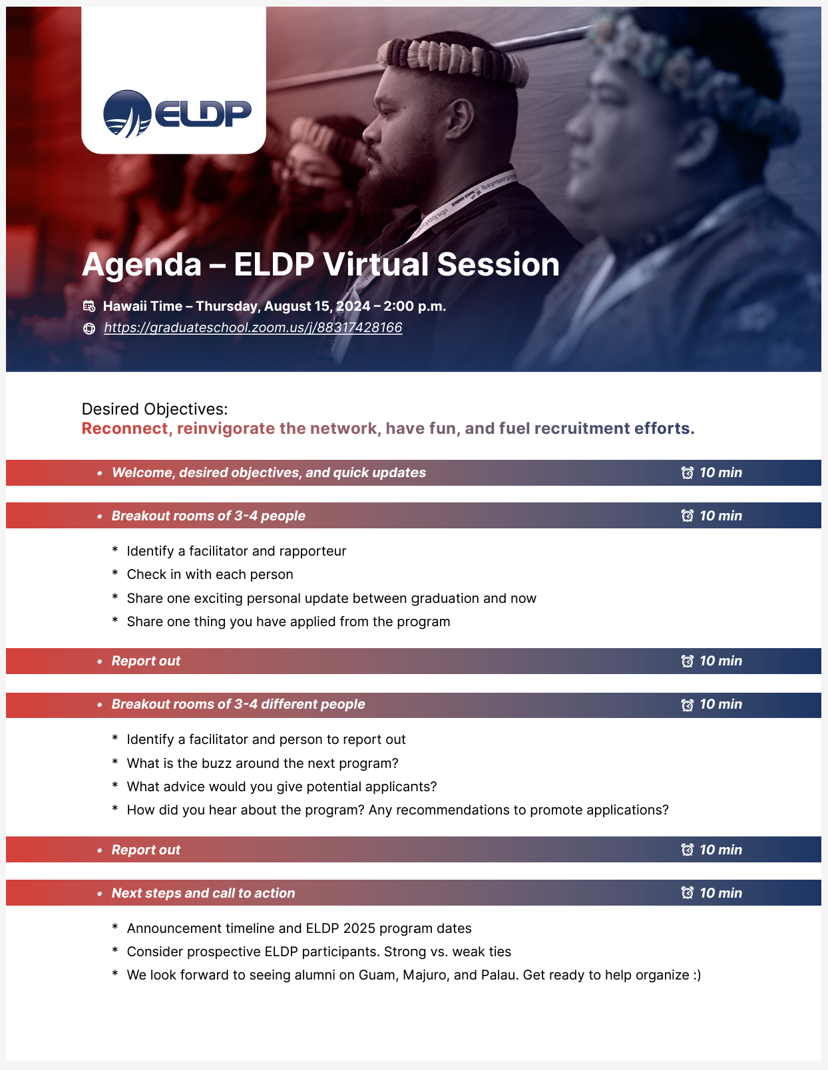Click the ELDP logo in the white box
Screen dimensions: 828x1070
pos(177,113)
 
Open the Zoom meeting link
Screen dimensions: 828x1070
pos(253,327)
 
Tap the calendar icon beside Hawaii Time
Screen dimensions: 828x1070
pos(89,306)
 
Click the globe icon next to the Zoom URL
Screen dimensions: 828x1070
pos(89,329)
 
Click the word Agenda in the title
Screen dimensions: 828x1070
pos(142,265)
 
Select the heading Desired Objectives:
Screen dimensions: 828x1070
pos(154,409)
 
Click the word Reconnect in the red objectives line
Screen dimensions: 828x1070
pos(124,429)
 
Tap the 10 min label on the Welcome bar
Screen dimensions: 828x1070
pos(721,472)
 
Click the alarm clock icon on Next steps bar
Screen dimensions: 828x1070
pos(687,893)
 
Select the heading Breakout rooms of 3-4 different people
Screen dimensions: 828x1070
pos(238,704)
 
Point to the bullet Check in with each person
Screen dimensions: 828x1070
pos(210,575)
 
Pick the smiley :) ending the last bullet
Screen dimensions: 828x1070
pos(697,976)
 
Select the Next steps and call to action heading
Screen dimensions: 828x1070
pos(204,893)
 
